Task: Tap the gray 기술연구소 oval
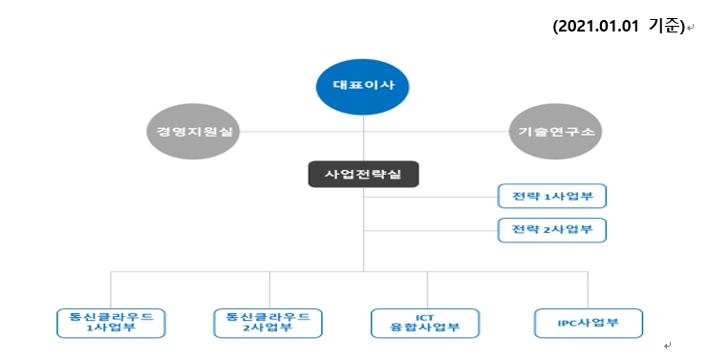pos(552,133)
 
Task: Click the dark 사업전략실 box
pos(364,174)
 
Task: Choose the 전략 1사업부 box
pos(552,197)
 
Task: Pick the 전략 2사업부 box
pos(552,230)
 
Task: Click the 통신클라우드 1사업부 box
pos(111,322)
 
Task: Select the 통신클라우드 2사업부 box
pos(268,322)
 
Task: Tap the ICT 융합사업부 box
pos(425,322)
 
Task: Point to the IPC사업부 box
pos(588,322)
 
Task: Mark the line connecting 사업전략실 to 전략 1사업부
pos(430,197)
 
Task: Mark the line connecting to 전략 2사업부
pos(430,230)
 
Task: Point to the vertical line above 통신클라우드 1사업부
pos(111,288)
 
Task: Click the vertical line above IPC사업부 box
pos(588,288)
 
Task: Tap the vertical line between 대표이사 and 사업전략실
pos(364,143)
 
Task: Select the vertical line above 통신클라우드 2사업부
pos(268,288)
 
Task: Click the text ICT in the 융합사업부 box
pos(425,316)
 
